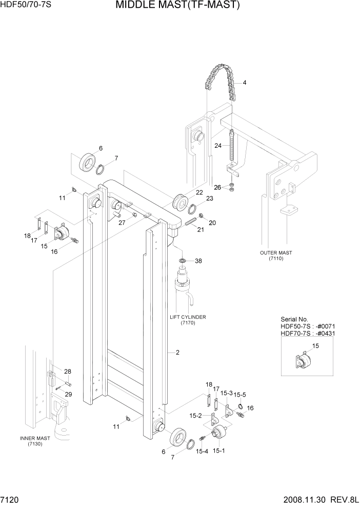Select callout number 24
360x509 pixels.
(x=218, y=146)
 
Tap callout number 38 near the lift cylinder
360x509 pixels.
(x=198, y=261)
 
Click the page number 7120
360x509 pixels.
(x=10, y=499)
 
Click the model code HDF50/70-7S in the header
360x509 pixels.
(x=26, y=5)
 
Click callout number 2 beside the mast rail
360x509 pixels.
(x=177, y=353)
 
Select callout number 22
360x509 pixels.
(x=198, y=192)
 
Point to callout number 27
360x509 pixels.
(x=122, y=222)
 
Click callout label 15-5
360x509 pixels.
(x=240, y=395)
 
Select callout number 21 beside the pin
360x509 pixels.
(x=201, y=229)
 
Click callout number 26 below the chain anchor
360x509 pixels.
(x=217, y=187)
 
